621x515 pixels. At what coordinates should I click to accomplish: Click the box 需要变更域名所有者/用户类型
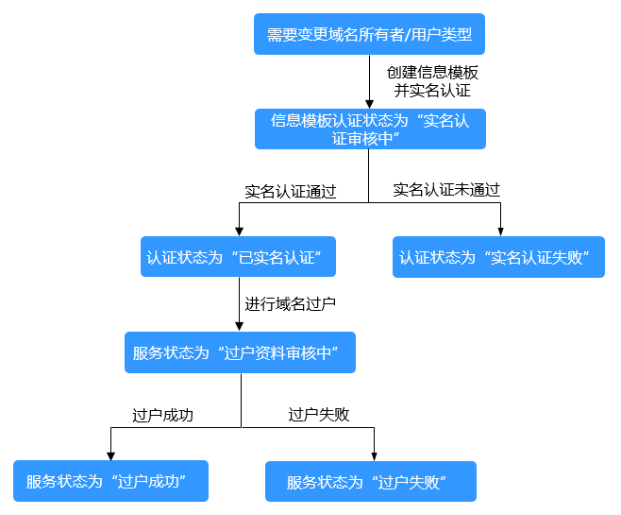369,34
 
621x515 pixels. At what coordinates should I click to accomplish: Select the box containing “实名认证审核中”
369,129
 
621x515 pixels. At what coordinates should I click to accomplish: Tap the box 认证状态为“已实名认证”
239,257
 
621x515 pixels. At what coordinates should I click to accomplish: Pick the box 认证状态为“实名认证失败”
499,257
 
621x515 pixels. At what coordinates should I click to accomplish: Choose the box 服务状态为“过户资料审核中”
241,352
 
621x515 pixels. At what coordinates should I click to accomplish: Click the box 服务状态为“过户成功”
110,481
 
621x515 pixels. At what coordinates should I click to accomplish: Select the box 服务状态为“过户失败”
371,481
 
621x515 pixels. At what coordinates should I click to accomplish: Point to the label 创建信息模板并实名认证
431,82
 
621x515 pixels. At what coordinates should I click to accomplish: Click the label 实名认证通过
290,191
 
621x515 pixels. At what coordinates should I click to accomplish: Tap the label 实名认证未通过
446,190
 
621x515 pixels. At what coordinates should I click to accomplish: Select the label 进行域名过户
290,304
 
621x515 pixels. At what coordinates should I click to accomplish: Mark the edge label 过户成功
162,415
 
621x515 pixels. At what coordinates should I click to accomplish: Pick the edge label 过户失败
318,415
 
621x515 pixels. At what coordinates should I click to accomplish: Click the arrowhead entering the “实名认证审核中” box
369,103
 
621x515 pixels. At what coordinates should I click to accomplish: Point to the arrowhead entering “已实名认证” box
239,232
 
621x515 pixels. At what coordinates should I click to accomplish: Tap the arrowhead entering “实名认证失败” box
499,232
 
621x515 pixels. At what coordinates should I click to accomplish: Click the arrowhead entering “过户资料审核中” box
240,326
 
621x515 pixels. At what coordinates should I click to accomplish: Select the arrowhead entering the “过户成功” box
110,455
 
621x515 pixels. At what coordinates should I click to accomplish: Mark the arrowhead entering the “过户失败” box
374,455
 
